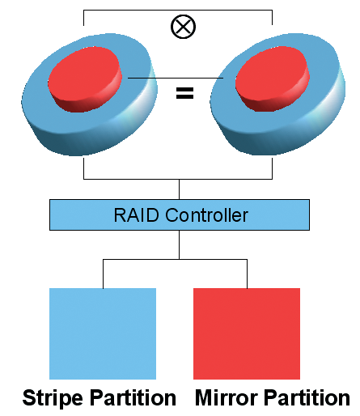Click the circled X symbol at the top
[183, 27]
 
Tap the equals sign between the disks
[184, 93]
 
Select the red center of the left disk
[85, 79]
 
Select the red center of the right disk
[273, 79]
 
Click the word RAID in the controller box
[136, 215]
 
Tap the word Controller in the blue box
[206, 215]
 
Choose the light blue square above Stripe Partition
[103, 333]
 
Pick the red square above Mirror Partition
[247, 333]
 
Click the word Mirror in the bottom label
[227, 397]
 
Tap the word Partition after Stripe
[133, 398]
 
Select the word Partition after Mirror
[307, 398]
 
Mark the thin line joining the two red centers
[176, 78]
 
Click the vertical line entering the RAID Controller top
[179, 189]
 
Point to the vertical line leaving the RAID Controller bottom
[179, 244]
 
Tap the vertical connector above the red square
[247, 274]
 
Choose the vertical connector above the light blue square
[103, 274]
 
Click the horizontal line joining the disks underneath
[178, 179]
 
